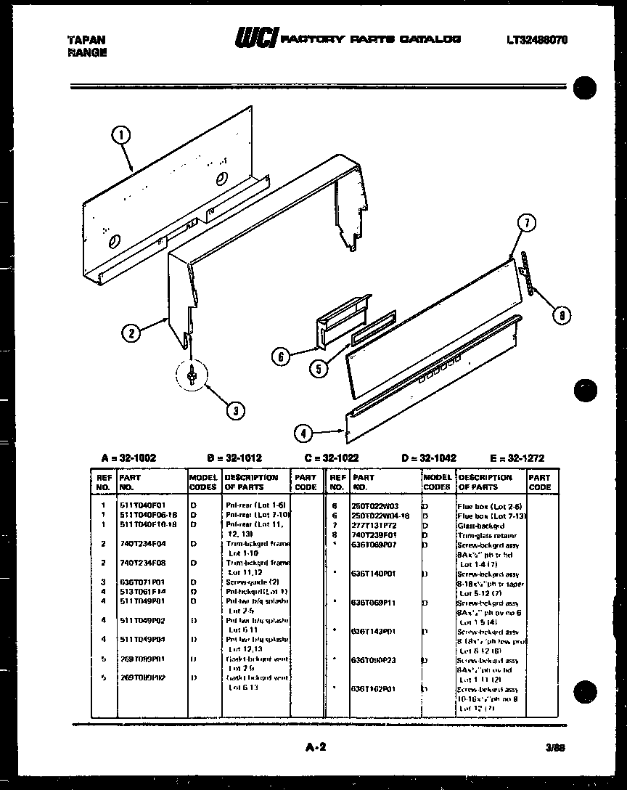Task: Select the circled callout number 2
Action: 131,333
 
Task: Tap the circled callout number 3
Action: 234,410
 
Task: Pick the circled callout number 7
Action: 527,224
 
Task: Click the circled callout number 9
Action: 560,314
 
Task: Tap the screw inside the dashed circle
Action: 190,374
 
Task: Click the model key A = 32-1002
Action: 128,457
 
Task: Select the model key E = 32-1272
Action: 516,457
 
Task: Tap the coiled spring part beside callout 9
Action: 528,273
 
